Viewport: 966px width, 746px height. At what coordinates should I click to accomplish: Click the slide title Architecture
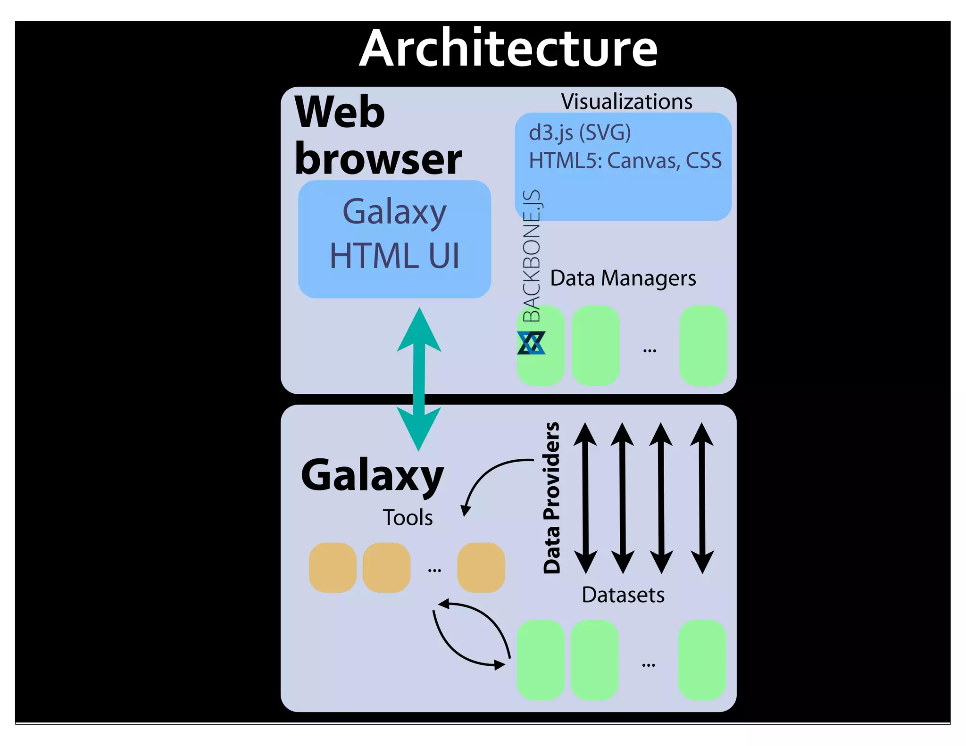pyautogui.click(x=508, y=49)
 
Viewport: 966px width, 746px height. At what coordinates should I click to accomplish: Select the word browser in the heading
pyautogui.click(x=378, y=159)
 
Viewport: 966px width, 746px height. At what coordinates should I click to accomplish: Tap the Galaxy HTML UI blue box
pyautogui.click(x=394, y=239)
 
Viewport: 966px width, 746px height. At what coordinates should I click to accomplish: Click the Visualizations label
pyautogui.click(x=626, y=101)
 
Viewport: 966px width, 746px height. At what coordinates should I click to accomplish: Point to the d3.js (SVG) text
pyautogui.click(x=580, y=133)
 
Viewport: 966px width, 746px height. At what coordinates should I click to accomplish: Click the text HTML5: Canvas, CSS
pyautogui.click(x=625, y=161)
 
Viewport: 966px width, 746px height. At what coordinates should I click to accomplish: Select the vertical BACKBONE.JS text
pyautogui.click(x=532, y=256)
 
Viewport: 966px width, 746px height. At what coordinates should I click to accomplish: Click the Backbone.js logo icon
pyautogui.click(x=531, y=343)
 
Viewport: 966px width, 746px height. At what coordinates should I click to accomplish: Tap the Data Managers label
pyautogui.click(x=623, y=278)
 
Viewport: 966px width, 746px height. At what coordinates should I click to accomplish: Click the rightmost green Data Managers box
pyautogui.click(x=703, y=345)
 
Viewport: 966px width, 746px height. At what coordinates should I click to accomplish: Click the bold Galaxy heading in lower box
pyautogui.click(x=372, y=475)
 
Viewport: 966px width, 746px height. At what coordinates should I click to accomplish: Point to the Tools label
pyautogui.click(x=408, y=518)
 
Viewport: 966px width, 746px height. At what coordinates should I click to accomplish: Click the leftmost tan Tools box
pyautogui.click(x=333, y=567)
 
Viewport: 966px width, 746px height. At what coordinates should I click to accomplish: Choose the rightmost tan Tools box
pyautogui.click(x=481, y=567)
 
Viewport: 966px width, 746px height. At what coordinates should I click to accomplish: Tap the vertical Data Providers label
pyautogui.click(x=551, y=497)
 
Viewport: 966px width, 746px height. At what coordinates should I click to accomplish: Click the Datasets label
pyautogui.click(x=623, y=595)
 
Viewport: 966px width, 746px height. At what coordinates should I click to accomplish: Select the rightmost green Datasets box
pyautogui.click(x=702, y=659)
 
